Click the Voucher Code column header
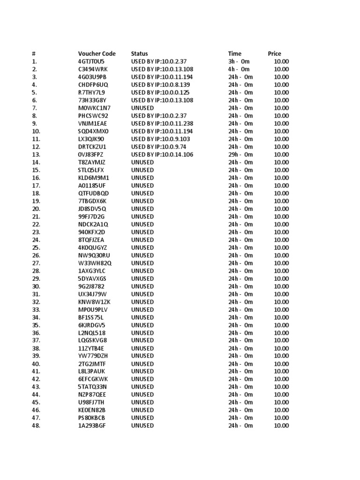pyautogui.click(x=97, y=53)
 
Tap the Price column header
pyautogui.click(x=275, y=53)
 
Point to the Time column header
pyautogui.click(x=235, y=53)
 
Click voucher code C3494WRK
pyautogui.click(x=93, y=69)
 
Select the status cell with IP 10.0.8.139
pyautogui.click(x=162, y=84)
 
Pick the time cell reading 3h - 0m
pyautogui.click(x=239, y=61)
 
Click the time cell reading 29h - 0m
pyautogui.click(x=240, y=154)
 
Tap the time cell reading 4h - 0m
pyautogui.click(x=239, y=69)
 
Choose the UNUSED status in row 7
pyautogui.click(x=142, y=108)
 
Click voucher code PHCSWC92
pyautogui.click(x=93, y=115)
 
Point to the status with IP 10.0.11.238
pyautogui.click(x=162, y=123)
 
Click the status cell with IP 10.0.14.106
pyautogui.click(x=162, y=154)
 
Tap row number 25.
pyautogui.click(x=37, y=247)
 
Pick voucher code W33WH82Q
pyautogui.click(x=95, y=263)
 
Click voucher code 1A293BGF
pyautogui.click(x=92, y=426)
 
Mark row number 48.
pyautogui.click(x=37, y=426)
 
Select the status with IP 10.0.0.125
pyautogui.click(x=162, y=92)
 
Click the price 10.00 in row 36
pyautogui.click(x=281, y=333)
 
